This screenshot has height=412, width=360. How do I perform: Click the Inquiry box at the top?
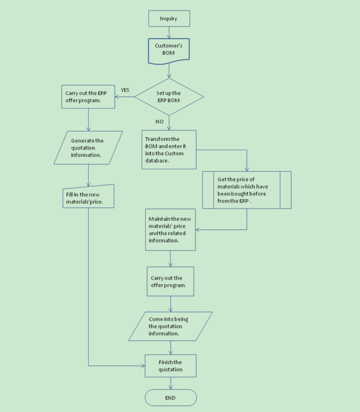tap(169, 19)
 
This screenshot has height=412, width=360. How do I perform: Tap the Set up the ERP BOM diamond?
tap(169, 97)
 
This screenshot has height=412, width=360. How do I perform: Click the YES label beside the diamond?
tap(125, 90)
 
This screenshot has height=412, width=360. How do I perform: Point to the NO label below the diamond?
tap(160, 122)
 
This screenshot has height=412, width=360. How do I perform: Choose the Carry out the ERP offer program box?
tap(88, 97)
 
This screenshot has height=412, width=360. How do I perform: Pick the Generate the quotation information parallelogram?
tap(88, 148)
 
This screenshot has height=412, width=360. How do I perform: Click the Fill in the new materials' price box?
tap(88, 196)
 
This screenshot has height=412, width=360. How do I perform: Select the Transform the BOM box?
tap(169, 150)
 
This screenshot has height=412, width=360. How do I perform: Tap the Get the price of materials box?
tap(247, 190)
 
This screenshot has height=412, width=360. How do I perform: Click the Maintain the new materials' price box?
tap(170, 230)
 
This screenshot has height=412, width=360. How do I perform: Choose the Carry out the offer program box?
tap(170, 282)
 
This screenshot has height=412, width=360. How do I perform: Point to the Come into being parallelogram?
tap(170, 326)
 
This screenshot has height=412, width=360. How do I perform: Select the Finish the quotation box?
tap(170, 365)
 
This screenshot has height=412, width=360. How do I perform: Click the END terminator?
tap(171, 398)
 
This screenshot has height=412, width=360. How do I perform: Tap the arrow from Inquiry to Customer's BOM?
tap(169, 33)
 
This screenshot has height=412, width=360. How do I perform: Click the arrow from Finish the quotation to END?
tap(171, 383)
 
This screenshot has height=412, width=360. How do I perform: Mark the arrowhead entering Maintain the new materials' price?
tap(197, 230)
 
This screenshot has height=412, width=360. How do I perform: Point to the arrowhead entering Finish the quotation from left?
tap(143, 365)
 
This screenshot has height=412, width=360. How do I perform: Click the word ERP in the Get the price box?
tap(244, 201)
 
